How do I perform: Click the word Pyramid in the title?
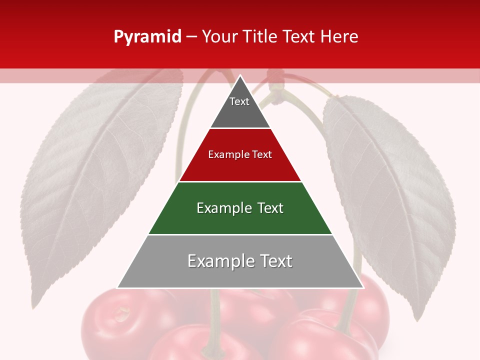pos(147,37)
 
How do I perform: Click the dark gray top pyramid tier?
pos(240,112)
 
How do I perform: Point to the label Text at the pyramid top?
pos(239,101)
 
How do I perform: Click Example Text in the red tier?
pos(240,154)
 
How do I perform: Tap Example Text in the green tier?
pos(240,208)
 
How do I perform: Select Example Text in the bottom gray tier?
pos(240,261)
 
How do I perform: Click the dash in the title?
pos(191,37)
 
